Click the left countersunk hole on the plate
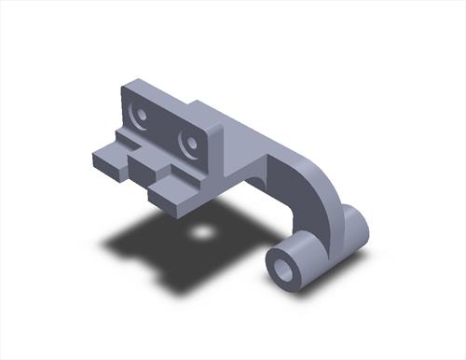pos(141,116)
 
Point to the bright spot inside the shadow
pos(200,230)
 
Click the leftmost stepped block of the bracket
pos(107,159)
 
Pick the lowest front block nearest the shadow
pos(170,195)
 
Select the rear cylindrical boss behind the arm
pos(351,228)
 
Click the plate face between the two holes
pos(165,130)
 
